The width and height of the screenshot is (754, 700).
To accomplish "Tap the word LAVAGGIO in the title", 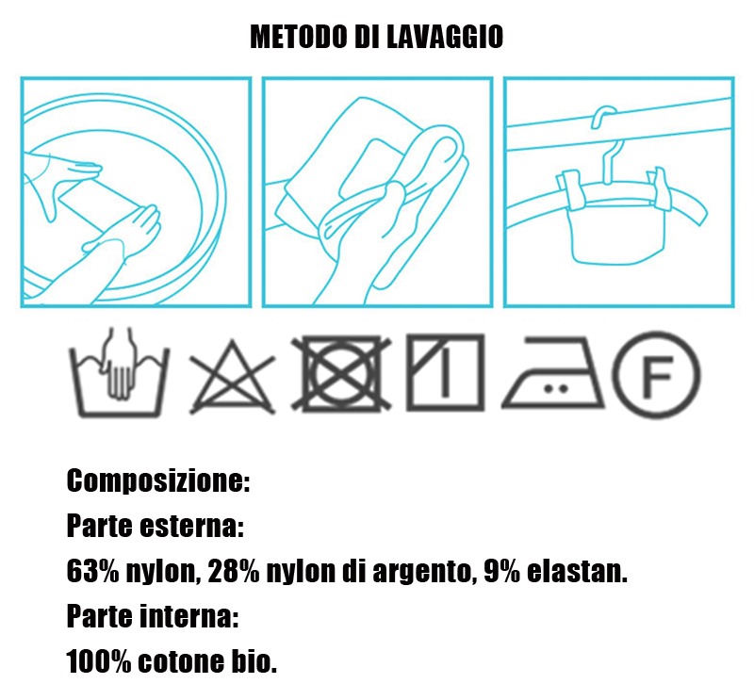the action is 445,37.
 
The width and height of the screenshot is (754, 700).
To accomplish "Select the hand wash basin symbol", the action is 120,372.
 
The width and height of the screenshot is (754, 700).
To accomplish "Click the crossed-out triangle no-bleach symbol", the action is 232,377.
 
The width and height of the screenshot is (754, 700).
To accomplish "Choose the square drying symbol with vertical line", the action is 445,372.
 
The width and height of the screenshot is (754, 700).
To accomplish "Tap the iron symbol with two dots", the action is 553,373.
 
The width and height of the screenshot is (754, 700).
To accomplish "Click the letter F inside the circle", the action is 657,375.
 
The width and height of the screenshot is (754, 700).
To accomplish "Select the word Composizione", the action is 158,480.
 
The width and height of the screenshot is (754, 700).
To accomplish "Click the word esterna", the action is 191,526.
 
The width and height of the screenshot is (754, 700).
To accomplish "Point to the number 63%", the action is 92,571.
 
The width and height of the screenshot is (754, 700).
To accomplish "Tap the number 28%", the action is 234,571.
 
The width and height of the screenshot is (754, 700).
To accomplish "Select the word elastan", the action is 577,571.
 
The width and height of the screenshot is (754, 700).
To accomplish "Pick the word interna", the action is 188,616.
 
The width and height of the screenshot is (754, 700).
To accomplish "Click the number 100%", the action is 99,661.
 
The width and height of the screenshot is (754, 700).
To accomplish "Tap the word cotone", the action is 180,662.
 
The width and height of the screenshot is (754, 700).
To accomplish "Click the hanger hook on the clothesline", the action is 607,144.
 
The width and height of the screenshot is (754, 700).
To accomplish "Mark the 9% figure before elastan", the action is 502,571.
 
